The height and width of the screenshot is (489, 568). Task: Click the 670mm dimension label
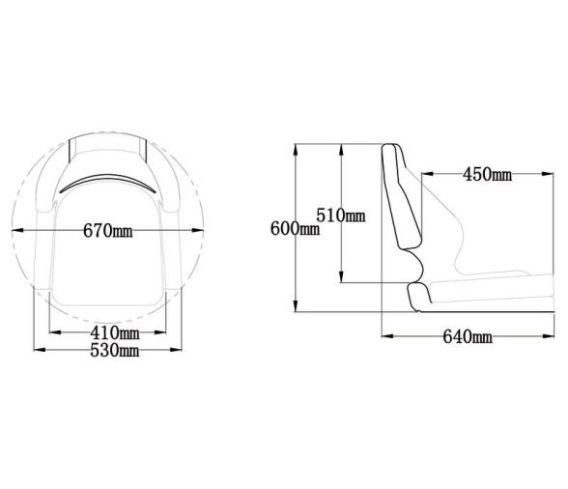pyautogui.click(x=108, y=231)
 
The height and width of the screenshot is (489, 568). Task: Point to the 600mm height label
pyautogui.click(x=294, y=228)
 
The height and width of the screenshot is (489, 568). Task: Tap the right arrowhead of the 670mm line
pyautogui.click(x=206, y=231)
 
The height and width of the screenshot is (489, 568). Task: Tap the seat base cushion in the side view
pyautogui.click(x=473, y=294)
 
